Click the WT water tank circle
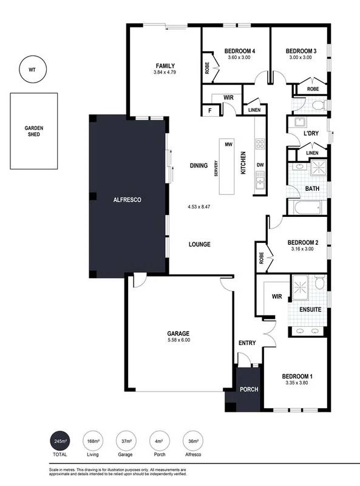[32, 69]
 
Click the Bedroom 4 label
[239, 50]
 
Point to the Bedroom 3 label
[299, 50]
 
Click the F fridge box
[210, 110]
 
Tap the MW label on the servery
[229, 145]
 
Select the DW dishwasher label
[260, 165]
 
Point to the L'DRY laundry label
[311, 134]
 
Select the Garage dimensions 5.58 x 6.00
[178, 340]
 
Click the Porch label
[248, 389]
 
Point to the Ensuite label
[310, 309]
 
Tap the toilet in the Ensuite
[319, 282]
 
